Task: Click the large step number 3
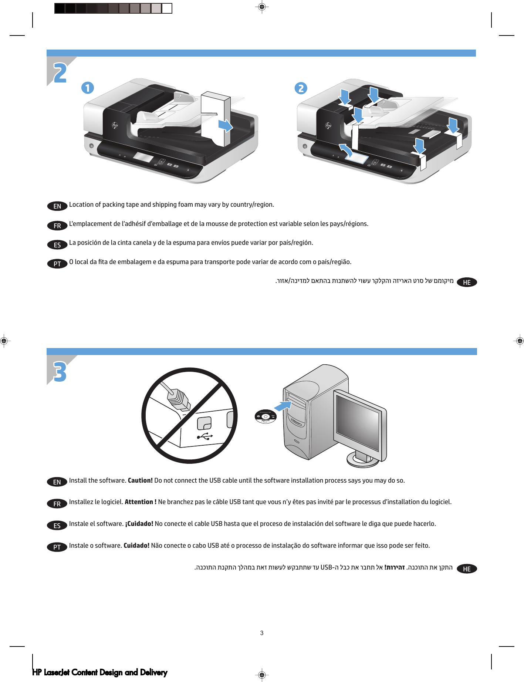60,371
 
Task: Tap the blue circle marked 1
88,88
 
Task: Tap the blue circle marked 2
301,88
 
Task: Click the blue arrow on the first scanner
225,126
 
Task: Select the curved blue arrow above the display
346,150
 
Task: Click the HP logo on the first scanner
115,126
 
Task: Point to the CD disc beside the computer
266,416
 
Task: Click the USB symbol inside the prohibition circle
205,436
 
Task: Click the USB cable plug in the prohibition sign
179,400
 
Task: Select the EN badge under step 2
57,206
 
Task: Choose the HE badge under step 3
467,569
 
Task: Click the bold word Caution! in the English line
140,480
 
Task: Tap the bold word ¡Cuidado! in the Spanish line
139,524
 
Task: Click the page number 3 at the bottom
262,633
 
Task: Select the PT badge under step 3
57,547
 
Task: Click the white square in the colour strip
167,8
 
